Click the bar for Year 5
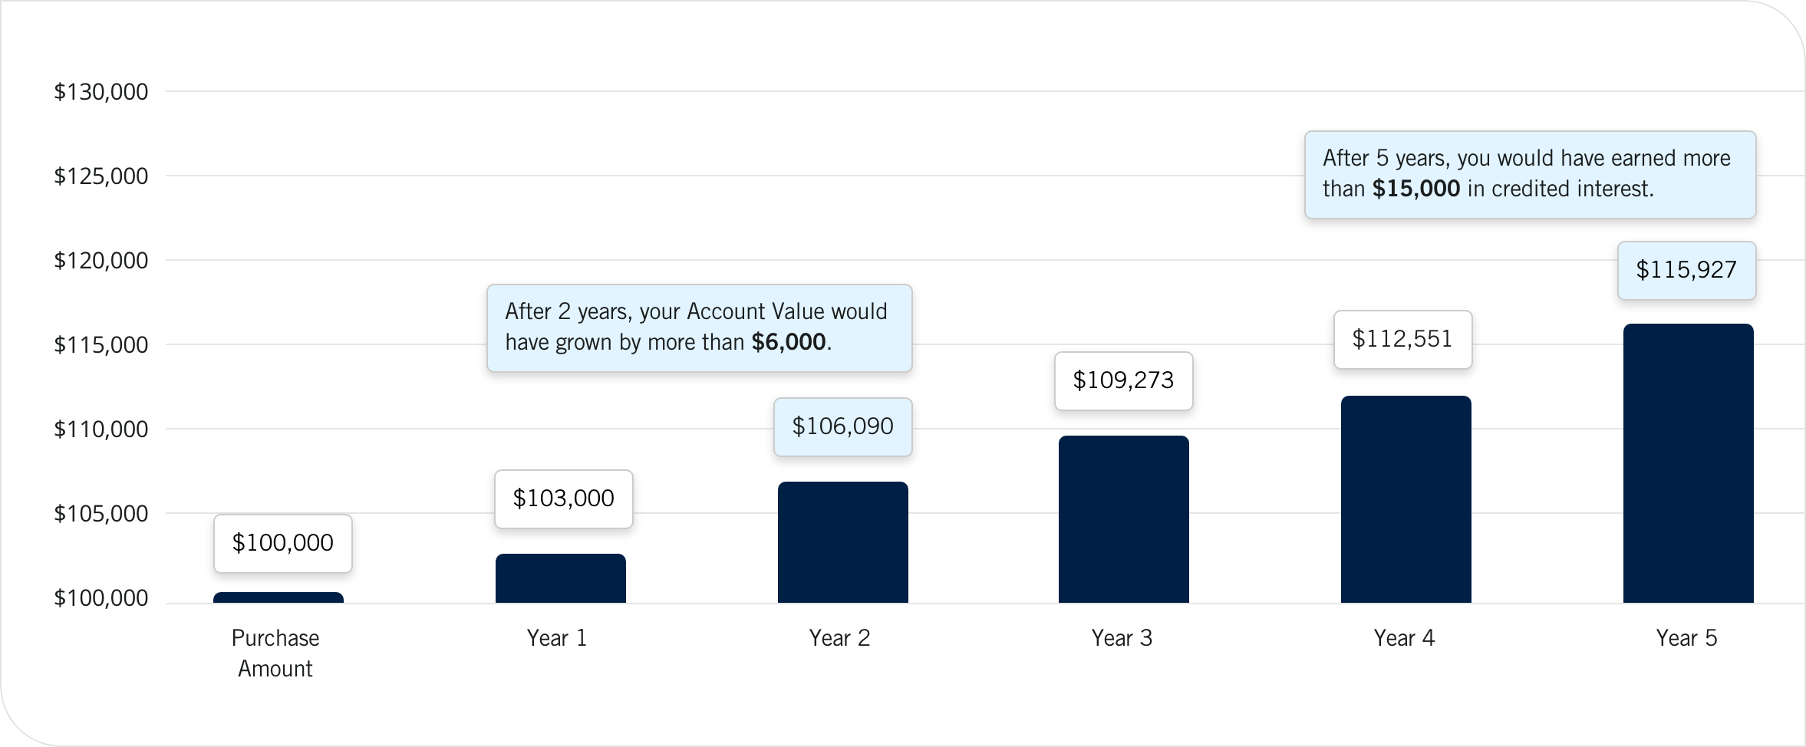click(x=1688, y=463)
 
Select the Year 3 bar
click(x=1123, y=519)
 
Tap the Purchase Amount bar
click(x=278, y=597)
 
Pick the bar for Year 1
click(x=560, y=578)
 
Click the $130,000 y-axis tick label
click(x=101, y=92)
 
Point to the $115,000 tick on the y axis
click(x=101, y=345)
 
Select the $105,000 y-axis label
click(x=101, y=514)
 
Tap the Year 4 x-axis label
click(x=1404, y=638)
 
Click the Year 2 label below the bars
click(x=839, y=638)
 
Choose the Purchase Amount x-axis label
click(x=275, y=653)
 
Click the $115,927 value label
click(x=1686, y=270)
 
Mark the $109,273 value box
click(x=1123, y=380)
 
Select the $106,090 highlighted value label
click(x=842, y=426)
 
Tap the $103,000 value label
click(x=563, y=499)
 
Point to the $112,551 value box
click(x=1402, y=339)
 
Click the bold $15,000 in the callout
click(x=1415, y=189)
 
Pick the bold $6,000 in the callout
click(x=788, y=343)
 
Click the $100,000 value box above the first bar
click(x=282, y=543)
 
